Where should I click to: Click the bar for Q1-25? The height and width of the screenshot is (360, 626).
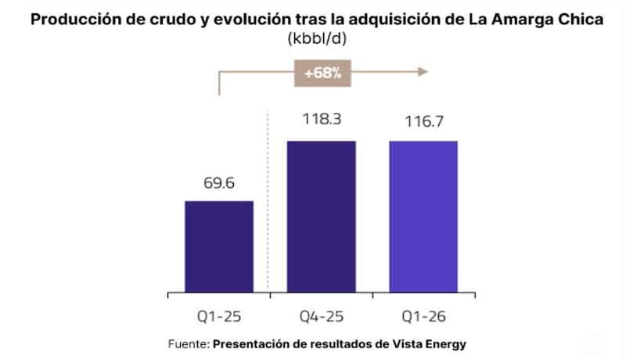click(x=219, y=247)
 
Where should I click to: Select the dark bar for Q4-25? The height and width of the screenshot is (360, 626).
click(x=322, y=217)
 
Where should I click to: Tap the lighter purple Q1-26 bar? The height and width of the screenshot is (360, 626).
click(x=423, y=217)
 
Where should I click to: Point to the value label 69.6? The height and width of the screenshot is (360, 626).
click(x=219, y=183)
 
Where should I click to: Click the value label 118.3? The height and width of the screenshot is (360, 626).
click(x=322, y=119)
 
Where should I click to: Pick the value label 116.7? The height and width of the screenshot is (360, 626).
click(x=424, y=121)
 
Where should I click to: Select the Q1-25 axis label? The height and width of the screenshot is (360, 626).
click(x=219, y=316)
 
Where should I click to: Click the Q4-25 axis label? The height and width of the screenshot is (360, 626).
click(x=322, y=316)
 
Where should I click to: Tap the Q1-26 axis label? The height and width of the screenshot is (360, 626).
click(x=423, y=316)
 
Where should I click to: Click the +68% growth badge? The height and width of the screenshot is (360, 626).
click(x=322, y=73)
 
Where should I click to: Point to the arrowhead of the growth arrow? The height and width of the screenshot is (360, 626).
click(x=423, y=72)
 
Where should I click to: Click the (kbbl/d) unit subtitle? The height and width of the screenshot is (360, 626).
click(x=317, y=38)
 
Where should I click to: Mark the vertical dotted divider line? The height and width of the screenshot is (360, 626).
click(x=268, y=201)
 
